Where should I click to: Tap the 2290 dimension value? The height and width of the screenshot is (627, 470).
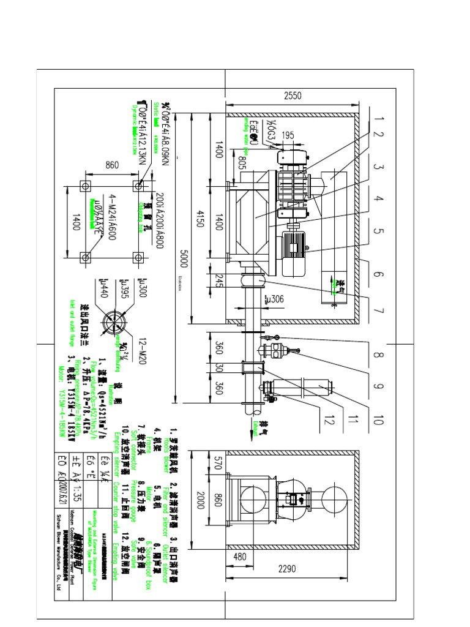coord(287,569)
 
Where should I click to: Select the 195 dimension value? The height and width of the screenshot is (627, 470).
coord(288,135)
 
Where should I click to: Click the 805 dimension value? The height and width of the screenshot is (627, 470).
coord(241,162)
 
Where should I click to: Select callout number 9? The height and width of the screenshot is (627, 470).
coord(378,386)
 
